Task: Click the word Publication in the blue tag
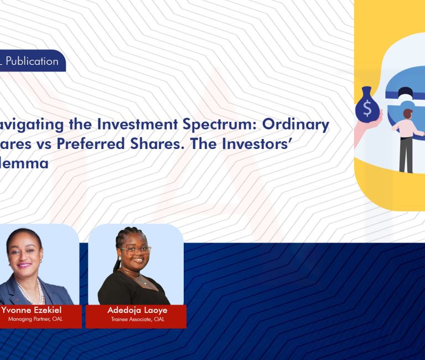(32, 61)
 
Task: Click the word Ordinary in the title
(304, 125)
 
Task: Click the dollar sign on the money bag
(367, 109)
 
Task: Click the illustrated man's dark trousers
(406, 155)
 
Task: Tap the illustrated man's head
(408, 114)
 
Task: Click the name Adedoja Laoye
(137, 310)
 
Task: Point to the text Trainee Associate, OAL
(137, 320)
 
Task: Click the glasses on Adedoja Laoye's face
(136, 250)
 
